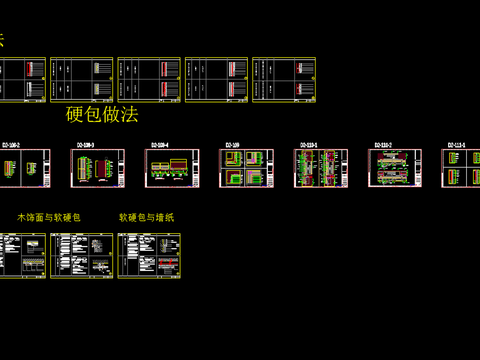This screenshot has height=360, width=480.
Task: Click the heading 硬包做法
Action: tap(101, 114)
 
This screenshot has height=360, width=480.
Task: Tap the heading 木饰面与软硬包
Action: tap(49, 216)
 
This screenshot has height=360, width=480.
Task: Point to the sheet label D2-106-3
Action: tap(85, 145)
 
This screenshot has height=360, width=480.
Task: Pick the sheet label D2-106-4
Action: tap(160, 145)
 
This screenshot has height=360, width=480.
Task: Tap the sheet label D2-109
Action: tap(232, 145)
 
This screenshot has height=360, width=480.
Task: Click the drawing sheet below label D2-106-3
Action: tap(96, 168)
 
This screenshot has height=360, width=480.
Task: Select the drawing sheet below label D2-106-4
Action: tap(171, 168)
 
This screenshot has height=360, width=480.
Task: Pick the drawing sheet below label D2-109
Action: tap(245, 168)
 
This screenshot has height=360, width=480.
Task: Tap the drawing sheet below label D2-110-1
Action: tap(319, 168)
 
